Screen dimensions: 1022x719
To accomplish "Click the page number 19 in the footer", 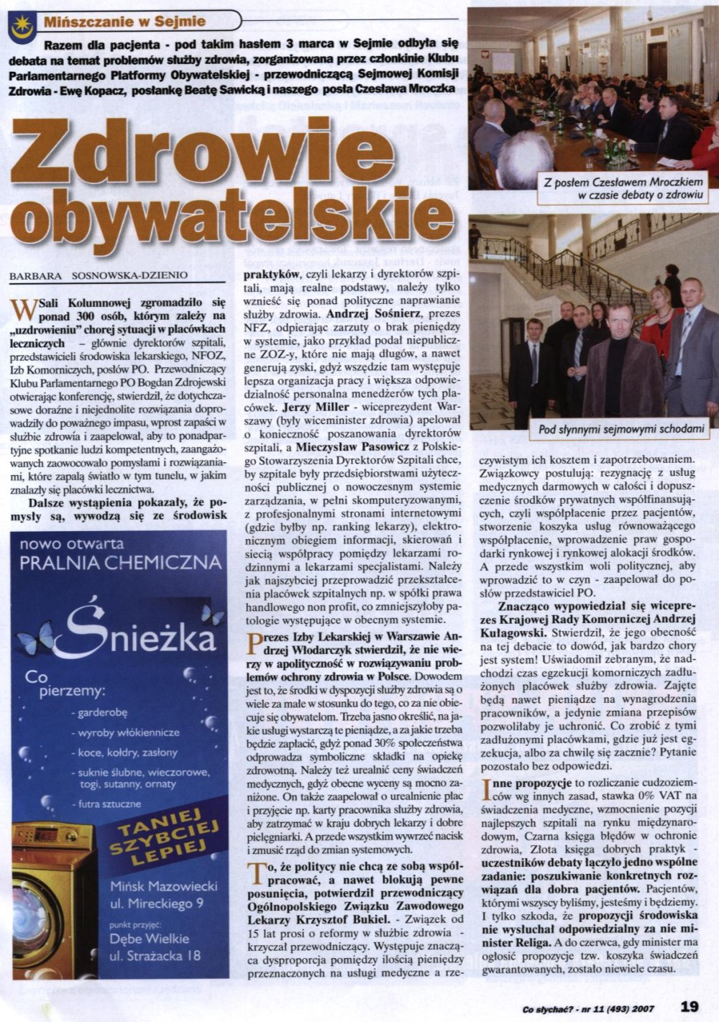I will (689, 1006).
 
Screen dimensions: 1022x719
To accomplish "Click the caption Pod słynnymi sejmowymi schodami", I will (620, 431).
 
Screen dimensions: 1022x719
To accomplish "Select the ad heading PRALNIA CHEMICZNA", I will (120, 563).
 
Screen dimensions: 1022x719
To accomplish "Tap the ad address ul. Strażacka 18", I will (155, 955).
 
